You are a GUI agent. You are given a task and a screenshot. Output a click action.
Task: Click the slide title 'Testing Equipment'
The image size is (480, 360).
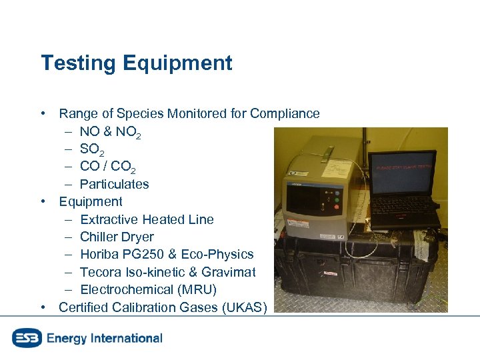(137, 63)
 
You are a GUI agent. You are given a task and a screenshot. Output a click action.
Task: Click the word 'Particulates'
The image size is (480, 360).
(114, 184)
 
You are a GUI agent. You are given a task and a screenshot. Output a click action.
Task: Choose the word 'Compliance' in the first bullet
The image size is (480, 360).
(285, 114)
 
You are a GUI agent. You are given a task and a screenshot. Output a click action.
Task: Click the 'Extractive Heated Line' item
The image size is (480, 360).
(147, 219)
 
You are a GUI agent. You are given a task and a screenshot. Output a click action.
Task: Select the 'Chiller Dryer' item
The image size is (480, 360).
(117, 237)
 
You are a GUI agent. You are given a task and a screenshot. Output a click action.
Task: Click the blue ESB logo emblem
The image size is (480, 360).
(27, 338)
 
